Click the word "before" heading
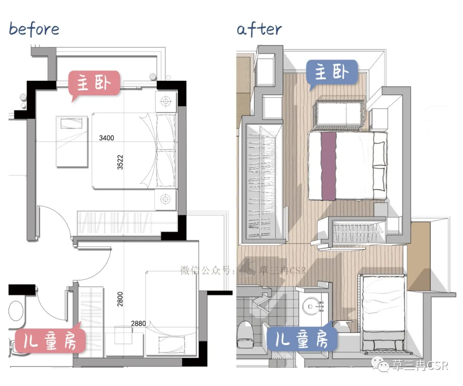coord(34,29)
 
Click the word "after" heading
coord(259,29)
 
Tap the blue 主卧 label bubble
coord(332,73)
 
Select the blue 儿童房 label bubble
coord(302,339)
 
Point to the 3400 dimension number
coord(107,138)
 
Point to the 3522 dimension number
coord(120,162)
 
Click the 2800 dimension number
coord(120,299)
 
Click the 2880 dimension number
coord(138,323)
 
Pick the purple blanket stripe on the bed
coord(328,167)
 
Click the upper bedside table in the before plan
coord(165,101)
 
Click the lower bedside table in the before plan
coord(165,199)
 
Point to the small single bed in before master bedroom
coord(72,141)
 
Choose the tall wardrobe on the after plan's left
coord(262,182)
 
